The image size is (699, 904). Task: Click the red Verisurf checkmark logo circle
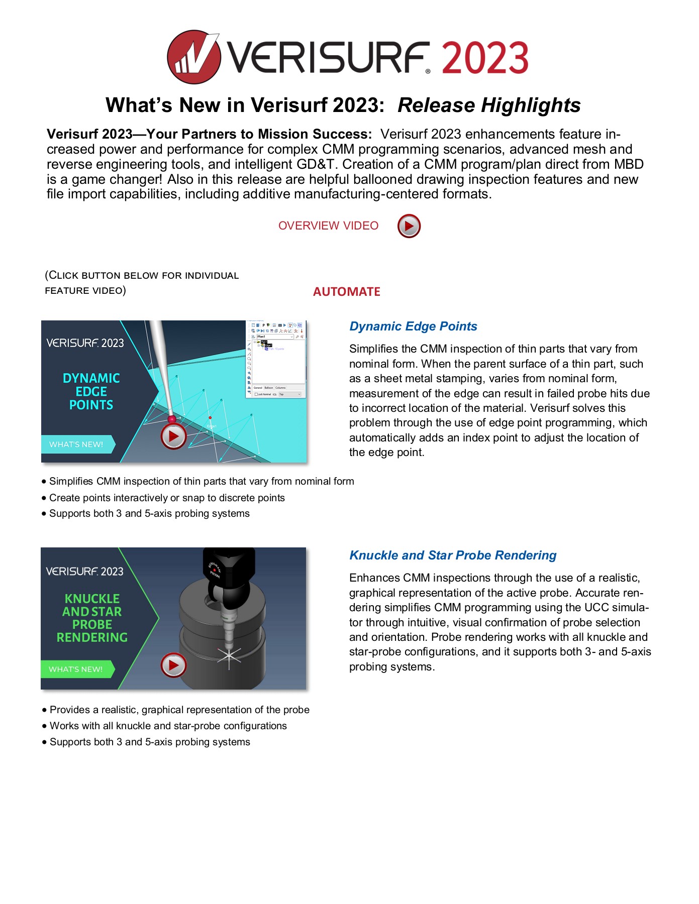click(193, 57)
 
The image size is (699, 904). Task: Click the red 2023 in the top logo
click(485, 58)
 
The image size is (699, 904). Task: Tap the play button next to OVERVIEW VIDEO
click(409, 226)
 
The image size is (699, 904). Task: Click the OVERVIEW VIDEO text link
click(328, 226)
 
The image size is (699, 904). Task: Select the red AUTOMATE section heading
click(346, 292)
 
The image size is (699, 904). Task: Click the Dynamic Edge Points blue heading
click(413, 326)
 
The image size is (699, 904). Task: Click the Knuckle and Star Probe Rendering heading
click(453, 555)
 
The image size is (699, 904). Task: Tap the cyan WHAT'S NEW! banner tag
click(76, 444)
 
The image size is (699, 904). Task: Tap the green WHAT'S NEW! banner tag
click(76, 669)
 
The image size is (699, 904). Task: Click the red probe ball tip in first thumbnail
click(172, 419)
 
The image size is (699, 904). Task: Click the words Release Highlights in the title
click(489, 105)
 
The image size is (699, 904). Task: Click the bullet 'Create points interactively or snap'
click(167, 498)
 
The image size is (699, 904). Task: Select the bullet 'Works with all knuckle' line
click(168, 726)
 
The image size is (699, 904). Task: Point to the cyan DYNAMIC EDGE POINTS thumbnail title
click(91, 391)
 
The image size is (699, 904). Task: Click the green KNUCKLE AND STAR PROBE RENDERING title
click(92, 618)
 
